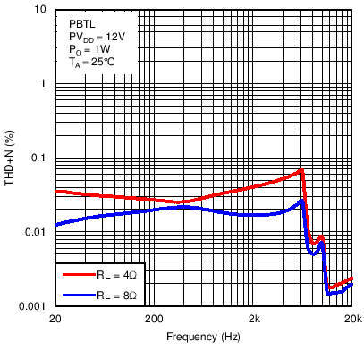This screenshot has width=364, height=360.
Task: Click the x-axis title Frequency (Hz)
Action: click(204, 338)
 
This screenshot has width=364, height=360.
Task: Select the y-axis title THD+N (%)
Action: click(11, 158)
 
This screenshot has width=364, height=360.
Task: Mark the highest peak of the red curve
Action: click(302, 169)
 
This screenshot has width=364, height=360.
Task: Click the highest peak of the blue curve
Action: click(302, 200)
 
